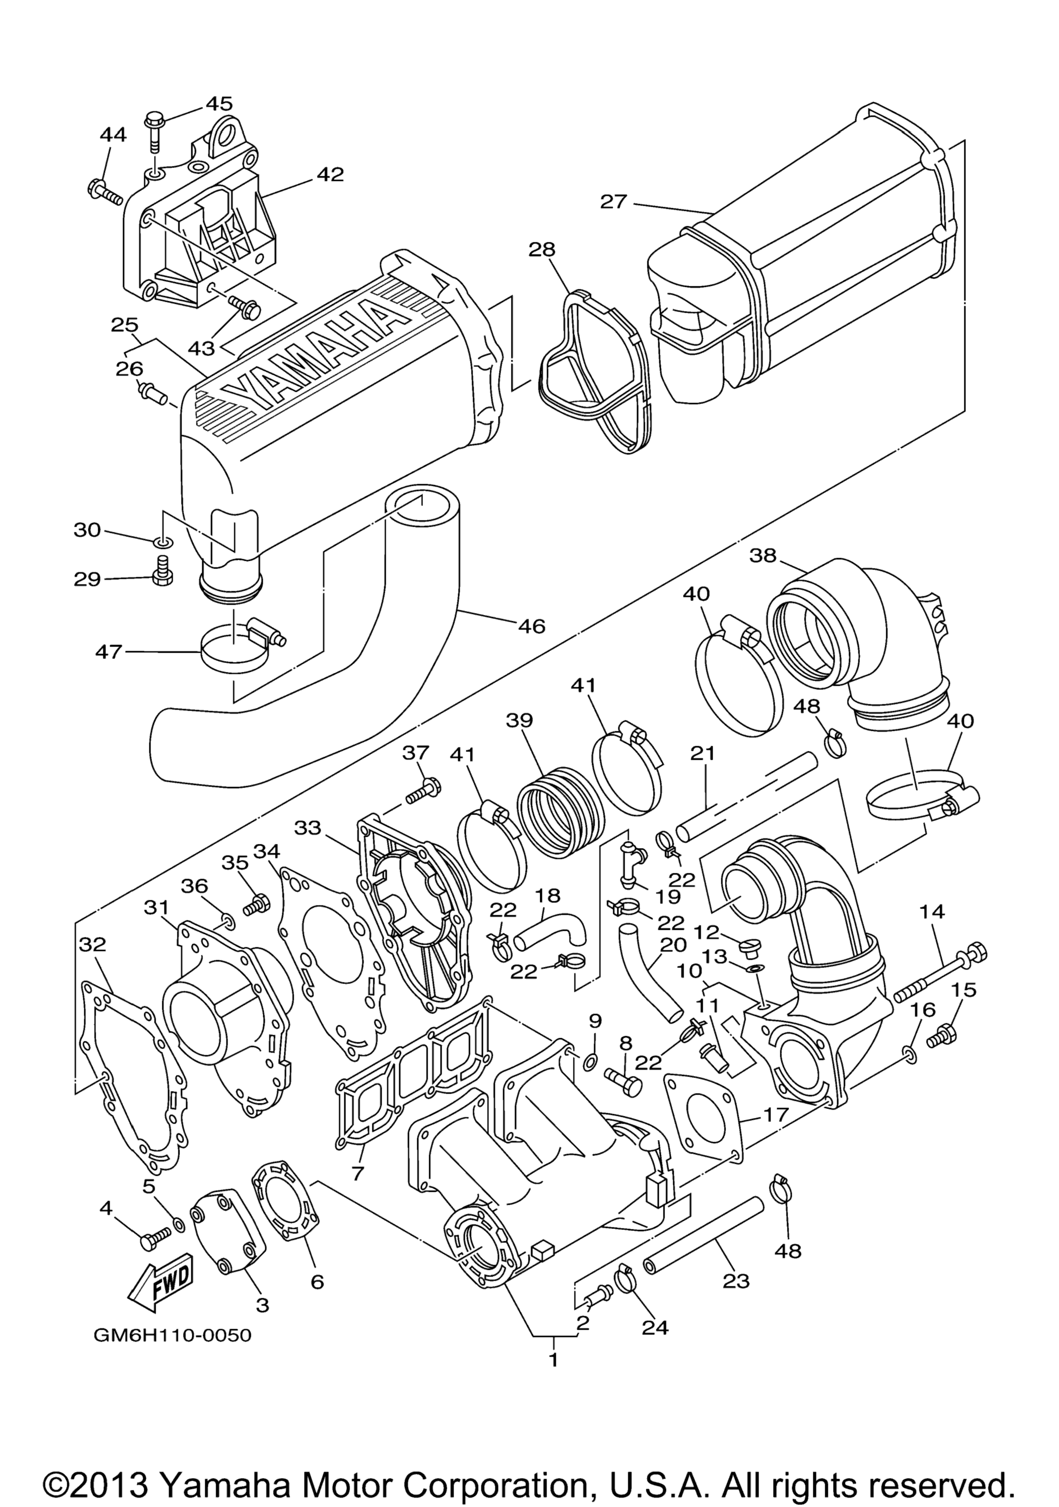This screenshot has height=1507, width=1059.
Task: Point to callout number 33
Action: click(308, 828)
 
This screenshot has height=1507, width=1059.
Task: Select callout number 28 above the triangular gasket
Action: click(542, 250)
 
